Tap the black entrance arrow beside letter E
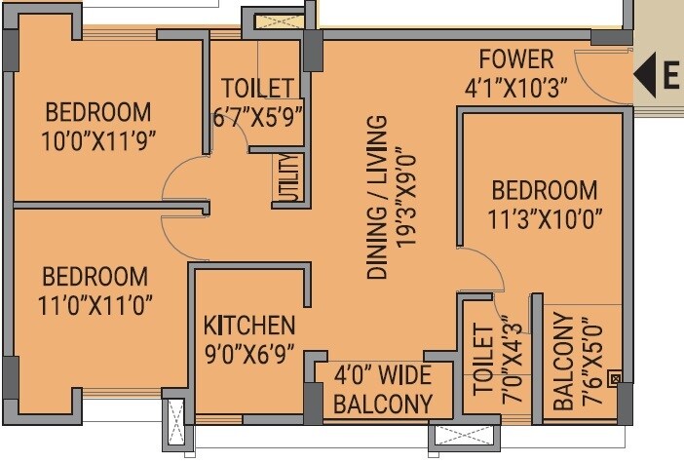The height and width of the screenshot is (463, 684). [x=644, y=74]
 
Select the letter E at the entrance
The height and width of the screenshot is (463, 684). [x=670, y=75]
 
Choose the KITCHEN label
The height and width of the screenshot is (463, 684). [x=248, y=325]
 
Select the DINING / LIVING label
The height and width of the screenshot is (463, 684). [x=377, y=198]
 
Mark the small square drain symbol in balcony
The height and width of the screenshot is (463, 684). [x=614, y=378]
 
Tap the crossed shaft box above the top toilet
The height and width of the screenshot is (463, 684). [x=271, y=19]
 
